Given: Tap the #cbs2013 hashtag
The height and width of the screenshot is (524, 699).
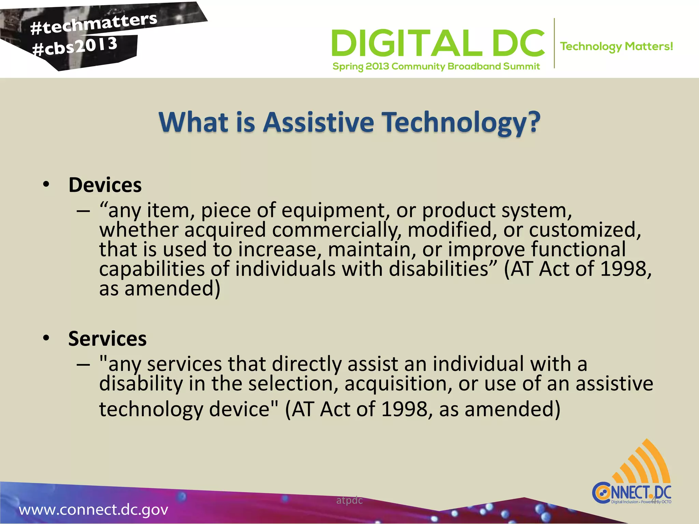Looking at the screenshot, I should click(x=75, y=47).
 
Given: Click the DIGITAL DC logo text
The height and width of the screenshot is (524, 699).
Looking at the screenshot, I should click(x=438, y=43).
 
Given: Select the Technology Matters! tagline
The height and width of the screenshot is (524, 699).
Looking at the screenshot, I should click(x=616, y=46).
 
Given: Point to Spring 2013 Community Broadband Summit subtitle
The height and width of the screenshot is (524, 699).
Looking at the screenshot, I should click(x=436, y=66).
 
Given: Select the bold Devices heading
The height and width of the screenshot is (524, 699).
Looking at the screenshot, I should click(x=105, y=185).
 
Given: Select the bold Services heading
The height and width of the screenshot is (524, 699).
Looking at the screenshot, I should click(x=107, y=339).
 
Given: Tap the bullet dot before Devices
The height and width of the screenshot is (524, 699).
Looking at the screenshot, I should click(x=46, y=185).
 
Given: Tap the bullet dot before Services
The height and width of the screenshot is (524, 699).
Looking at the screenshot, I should click(x=46, y=338).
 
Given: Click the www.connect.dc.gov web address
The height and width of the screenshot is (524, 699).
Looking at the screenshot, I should click(x=94, y=510).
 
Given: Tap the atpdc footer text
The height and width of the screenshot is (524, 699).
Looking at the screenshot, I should click(x=349, y=500).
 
